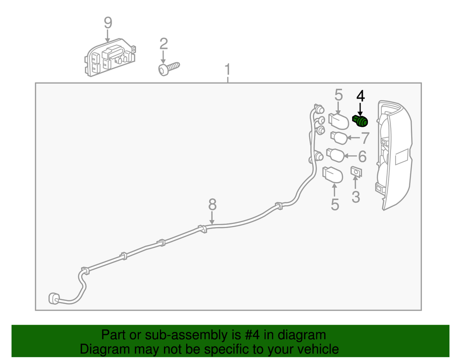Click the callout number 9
[108, 23]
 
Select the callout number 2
[164, 44]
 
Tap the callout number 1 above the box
[227, 70]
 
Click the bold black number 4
[361, 96]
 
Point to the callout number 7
[365, 138]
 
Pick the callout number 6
[362, 156]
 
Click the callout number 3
[356, 197]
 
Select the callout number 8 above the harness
[212, 205]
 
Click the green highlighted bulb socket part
[360, 121]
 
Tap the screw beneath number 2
[169, 69]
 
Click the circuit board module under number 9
[110, 58]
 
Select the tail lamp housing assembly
[394, 155]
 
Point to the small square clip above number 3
[356, 172]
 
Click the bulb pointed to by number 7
[339, 138]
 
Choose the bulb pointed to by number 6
[336, 155]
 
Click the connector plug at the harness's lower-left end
[54, 298]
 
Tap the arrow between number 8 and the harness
[212, 218]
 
